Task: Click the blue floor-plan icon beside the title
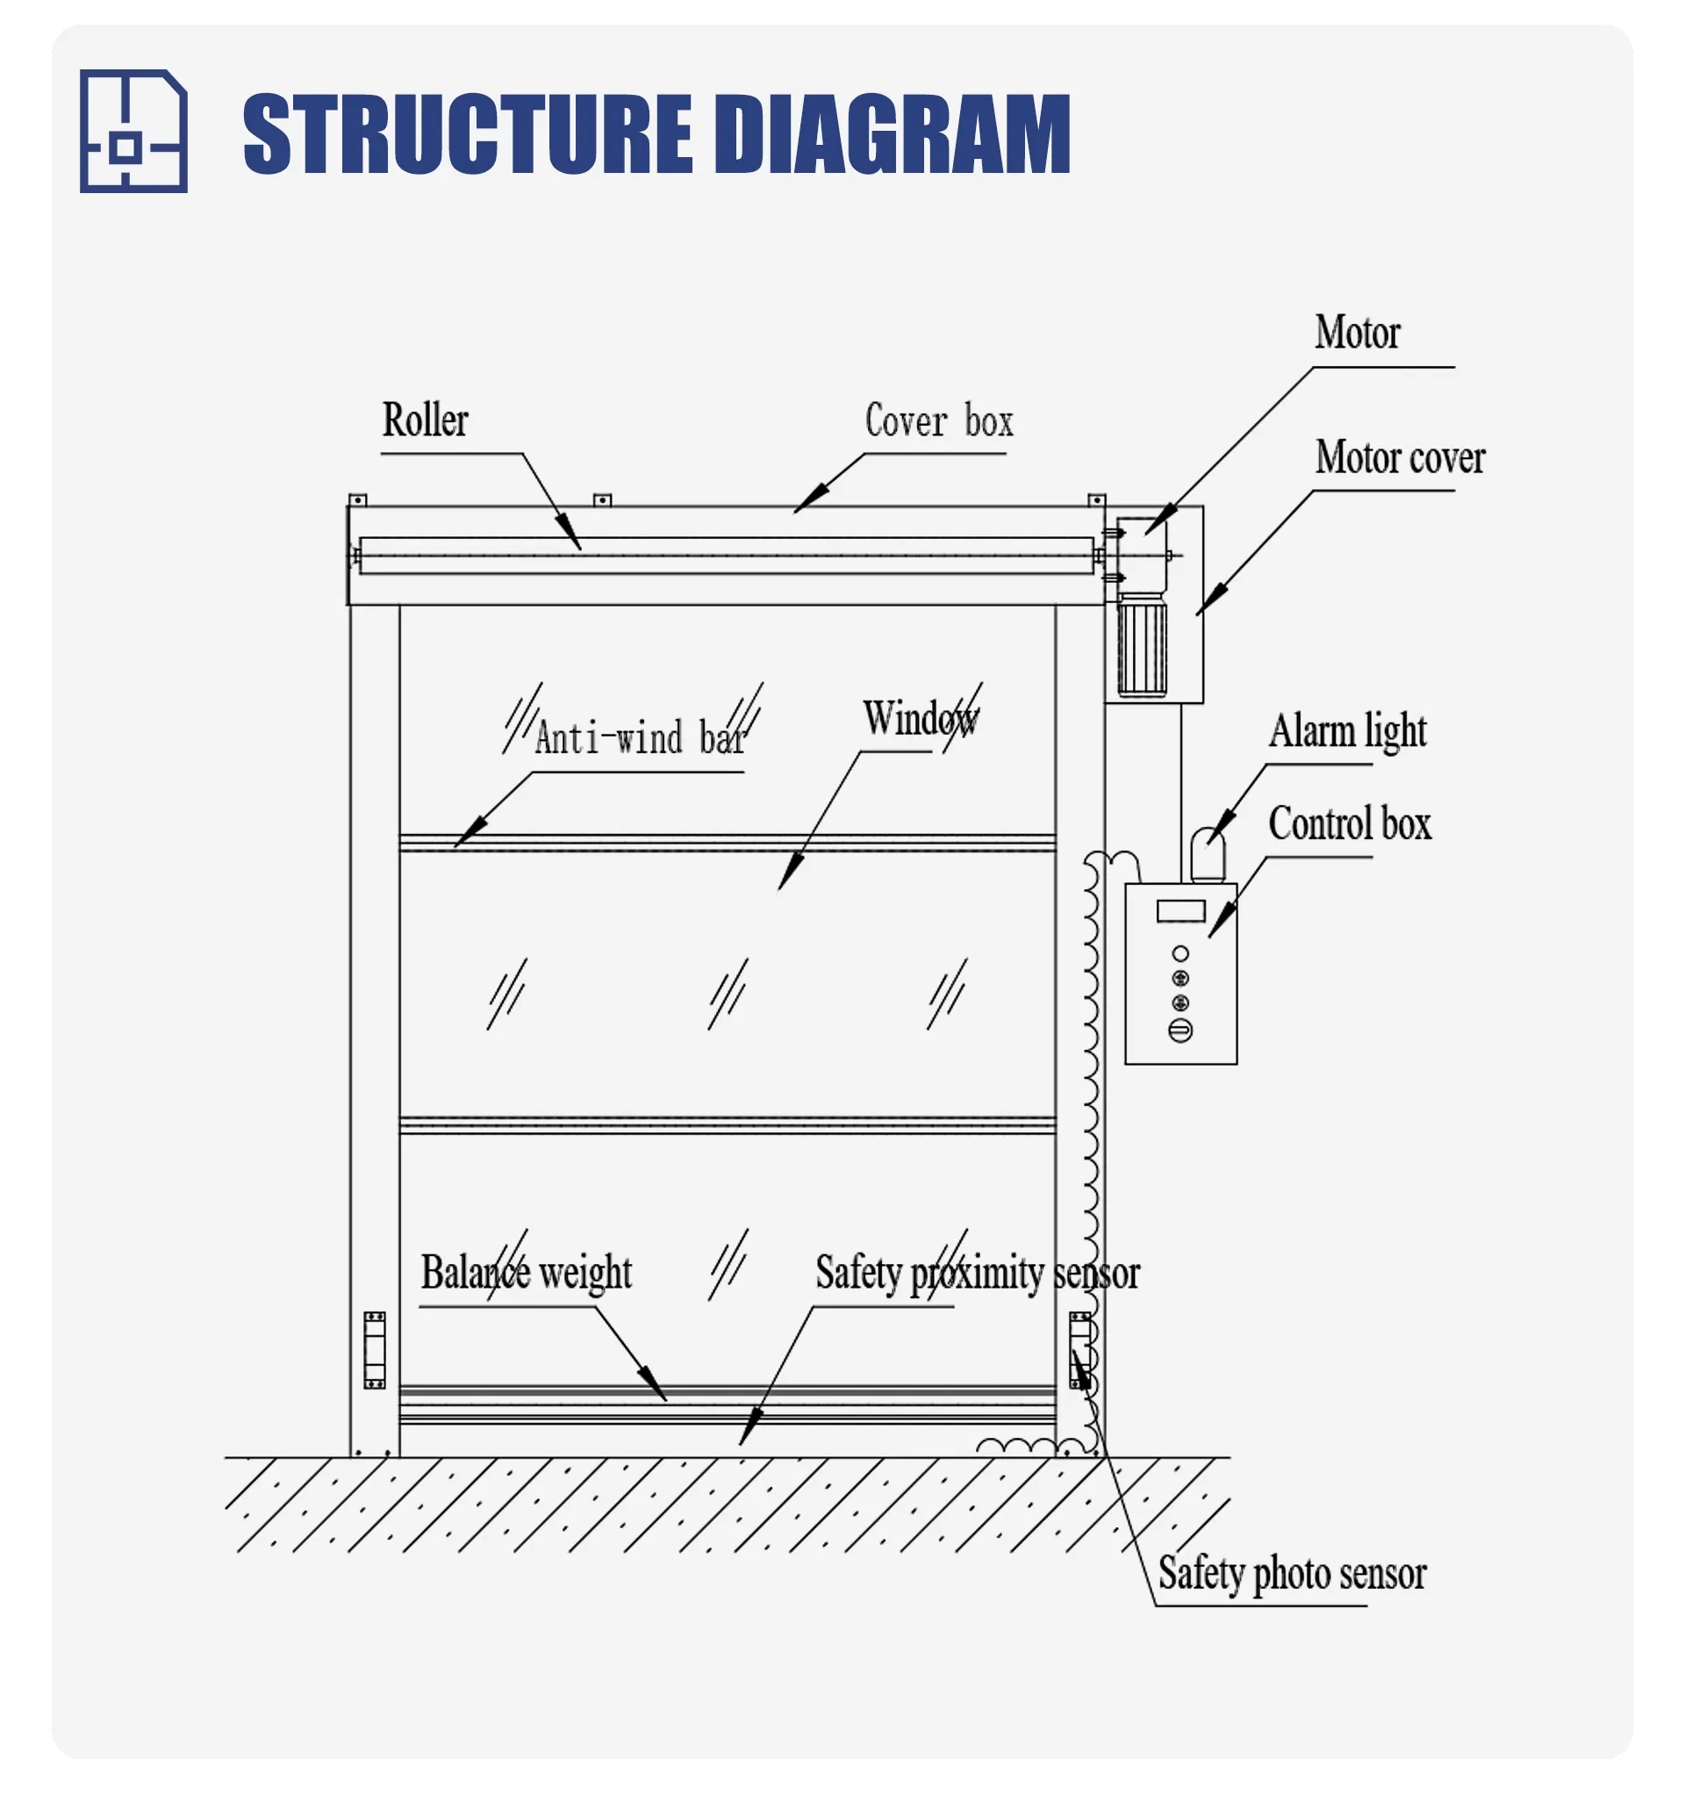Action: pos(133,132)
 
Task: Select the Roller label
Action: pos(424,420)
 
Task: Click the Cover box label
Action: pos(938,421)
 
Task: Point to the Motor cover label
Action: pos(1399,458)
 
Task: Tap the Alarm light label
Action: pos(1347,731)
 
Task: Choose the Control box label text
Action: pos(1349,824)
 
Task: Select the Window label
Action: pos(920,719)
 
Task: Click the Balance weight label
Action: pos(526,1273)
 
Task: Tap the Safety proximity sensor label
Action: pos(977,1274)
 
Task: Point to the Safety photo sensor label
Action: pos(1291,1574)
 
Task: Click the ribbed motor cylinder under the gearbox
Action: pos(1142,645)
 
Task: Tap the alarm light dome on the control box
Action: pos(1208,853)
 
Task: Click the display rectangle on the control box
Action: pos(1180,911)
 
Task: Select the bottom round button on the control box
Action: pos(1179,1031)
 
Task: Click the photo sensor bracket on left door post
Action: pos(375,1350)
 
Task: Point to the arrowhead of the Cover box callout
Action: pos(802,506)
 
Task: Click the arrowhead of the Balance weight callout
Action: pos(658,1390)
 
